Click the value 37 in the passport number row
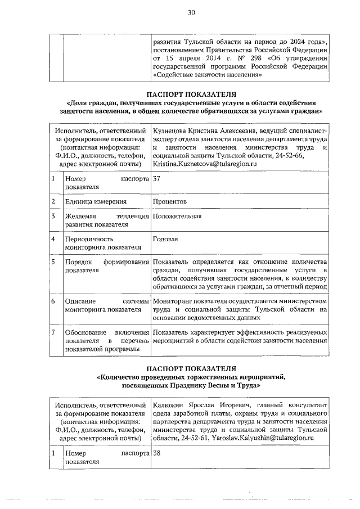coord(157,179)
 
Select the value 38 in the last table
coord(157,452)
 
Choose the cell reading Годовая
coord(165,239)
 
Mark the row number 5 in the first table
coord(53,262)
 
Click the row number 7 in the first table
coord(53,332)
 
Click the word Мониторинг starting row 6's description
coord(175,301)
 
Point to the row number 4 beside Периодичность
coord(53,239)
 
